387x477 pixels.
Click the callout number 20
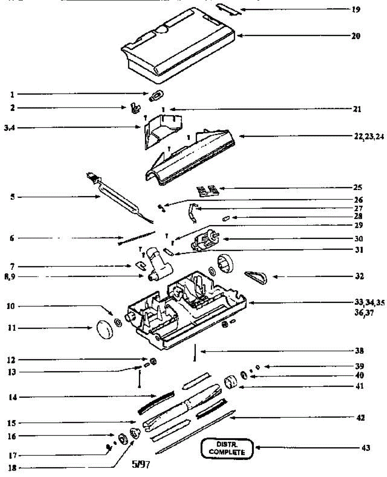tap(356, 36)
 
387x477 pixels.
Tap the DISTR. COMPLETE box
tap(227, 448)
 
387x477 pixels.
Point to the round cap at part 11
tap(105, 328)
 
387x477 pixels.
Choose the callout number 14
tap(12, 397)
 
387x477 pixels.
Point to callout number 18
tap(12, 468)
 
